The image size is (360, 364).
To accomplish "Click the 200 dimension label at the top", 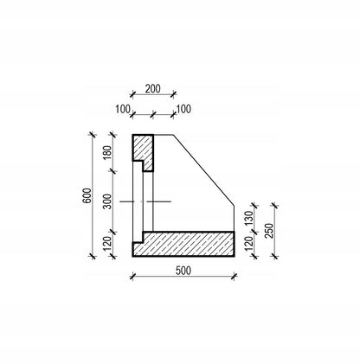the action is click(152, 89).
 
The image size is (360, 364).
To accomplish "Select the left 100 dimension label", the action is click(123, 110).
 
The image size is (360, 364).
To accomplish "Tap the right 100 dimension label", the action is click(183, 110).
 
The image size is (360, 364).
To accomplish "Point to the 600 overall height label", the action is click(87, 195).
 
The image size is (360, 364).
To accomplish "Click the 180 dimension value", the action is click(107, 153).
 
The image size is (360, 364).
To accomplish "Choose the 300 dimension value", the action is click(107, 201).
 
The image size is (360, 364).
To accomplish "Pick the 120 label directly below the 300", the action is click(107, 244).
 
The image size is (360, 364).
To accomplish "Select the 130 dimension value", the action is click(248, 218).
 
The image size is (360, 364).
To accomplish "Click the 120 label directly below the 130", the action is click(248, 244).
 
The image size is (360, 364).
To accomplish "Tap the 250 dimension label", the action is click(269, 231).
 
